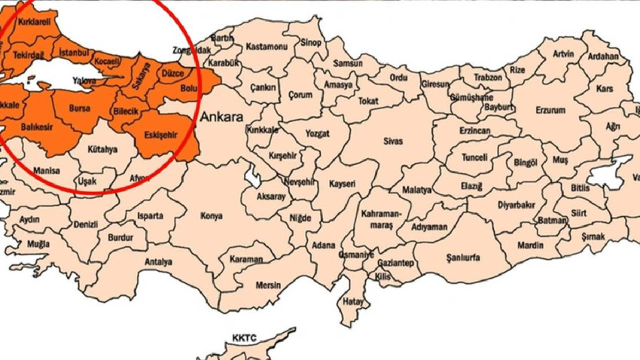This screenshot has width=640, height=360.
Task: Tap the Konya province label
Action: tap(212, 216)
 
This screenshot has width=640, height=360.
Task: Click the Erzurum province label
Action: tap(550, 110)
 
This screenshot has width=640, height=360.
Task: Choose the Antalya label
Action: tap(158, 262)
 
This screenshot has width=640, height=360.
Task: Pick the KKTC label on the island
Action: tap(245, 337)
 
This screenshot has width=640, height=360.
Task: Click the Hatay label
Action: tap(352, 301)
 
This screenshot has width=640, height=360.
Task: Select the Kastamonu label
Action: tap(267, 47)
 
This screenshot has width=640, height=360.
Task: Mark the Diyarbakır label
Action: tap(516, 204)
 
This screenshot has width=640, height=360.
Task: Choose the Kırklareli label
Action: tap(34, 23)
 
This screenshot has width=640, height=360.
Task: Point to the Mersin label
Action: tap(268, 285)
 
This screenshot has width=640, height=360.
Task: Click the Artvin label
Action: tap(563, 53)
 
